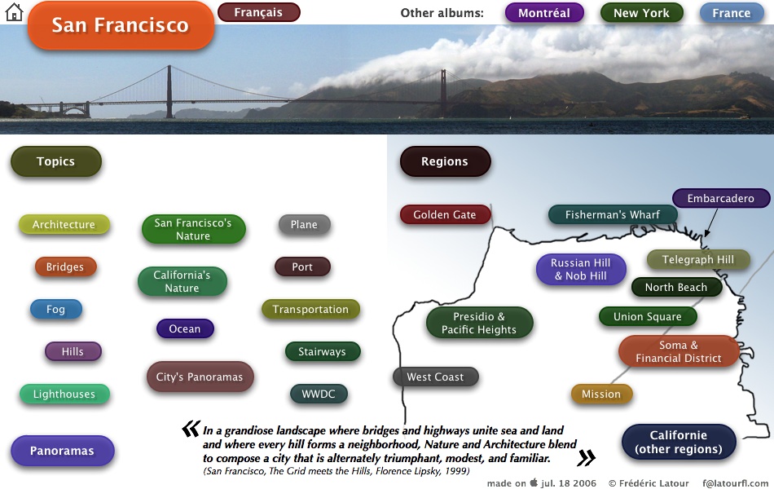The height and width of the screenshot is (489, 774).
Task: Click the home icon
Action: pyautogui.click(x=14, y=12)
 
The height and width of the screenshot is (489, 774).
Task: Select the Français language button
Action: pyautogui.click(x=258, y=12)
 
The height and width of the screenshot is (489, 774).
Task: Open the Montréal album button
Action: pyautogui.click(x=544, y=13)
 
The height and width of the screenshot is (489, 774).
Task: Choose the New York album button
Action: pyautogui.click(x=642, y=13)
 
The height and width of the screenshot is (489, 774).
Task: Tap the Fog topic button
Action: pyautogui.click(x=55, y=309)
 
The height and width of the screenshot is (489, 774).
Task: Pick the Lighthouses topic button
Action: pyautogui.click(x=64, y=394)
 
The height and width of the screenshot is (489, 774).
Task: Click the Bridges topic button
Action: pyautogui.click(x=65, y=267)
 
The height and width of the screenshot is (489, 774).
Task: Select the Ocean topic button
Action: pyautogui.click(x=185, y=329)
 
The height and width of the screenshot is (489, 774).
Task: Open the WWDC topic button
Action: pyautogui.click(x=319, y=394)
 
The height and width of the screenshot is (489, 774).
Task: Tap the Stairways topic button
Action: pyautogui.click(x=323, y=352)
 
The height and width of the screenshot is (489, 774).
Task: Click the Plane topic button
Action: pyautogui.click(x=304, y=225)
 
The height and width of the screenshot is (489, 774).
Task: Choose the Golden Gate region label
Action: pyautogui.click(x=445, y=215)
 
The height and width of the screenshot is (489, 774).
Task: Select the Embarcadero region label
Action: pyautogui.click(x=721, y=199)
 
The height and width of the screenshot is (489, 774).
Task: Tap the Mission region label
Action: pyautogui.click(x=601, y=394)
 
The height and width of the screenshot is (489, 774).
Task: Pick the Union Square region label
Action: pyautogui.click(x=648, y=316)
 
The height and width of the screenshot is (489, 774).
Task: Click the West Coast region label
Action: pyautogui.click(x=435, y=377)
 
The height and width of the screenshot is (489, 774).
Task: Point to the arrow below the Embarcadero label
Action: pyautogui.click(x=711, y=222)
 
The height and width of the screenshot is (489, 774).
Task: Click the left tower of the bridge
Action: pyautogui.click(x=169, y=91)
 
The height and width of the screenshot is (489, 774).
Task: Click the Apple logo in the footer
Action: pyautogui.click(x=534, y=482)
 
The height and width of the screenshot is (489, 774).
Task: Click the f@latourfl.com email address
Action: pyautogui.click(x=735, y=483)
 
